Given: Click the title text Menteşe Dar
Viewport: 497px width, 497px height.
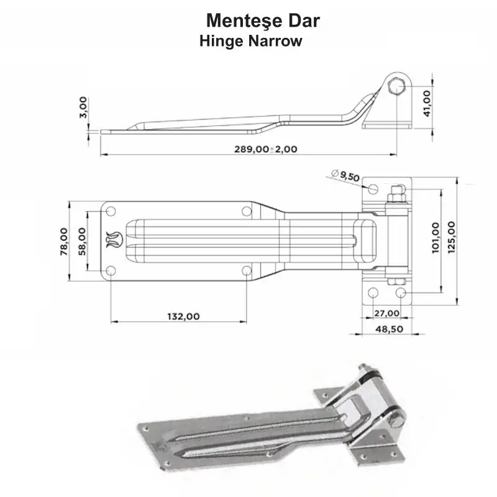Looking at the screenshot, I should (x=262, y=21).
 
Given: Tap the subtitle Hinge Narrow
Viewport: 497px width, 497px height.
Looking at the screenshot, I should (x=250, y=42).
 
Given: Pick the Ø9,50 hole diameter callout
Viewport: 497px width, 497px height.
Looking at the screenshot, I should (x=346, y=176).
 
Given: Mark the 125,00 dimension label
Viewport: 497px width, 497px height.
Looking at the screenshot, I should (x=452, y=237).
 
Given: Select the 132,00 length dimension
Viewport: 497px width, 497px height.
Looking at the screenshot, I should (x=183, y=316).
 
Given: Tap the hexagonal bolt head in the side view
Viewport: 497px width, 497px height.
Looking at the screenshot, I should (x=396, y=88).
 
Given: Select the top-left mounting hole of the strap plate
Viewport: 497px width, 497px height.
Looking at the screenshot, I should (x=111, y=212).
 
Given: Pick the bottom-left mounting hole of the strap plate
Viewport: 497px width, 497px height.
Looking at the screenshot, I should (x=111, y=270).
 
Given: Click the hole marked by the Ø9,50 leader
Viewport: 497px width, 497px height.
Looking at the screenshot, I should (x=373, y=188).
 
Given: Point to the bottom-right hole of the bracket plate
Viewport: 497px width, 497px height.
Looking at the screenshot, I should (x=401, y=292).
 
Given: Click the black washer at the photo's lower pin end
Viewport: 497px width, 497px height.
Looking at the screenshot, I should (x=394, y=417).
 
